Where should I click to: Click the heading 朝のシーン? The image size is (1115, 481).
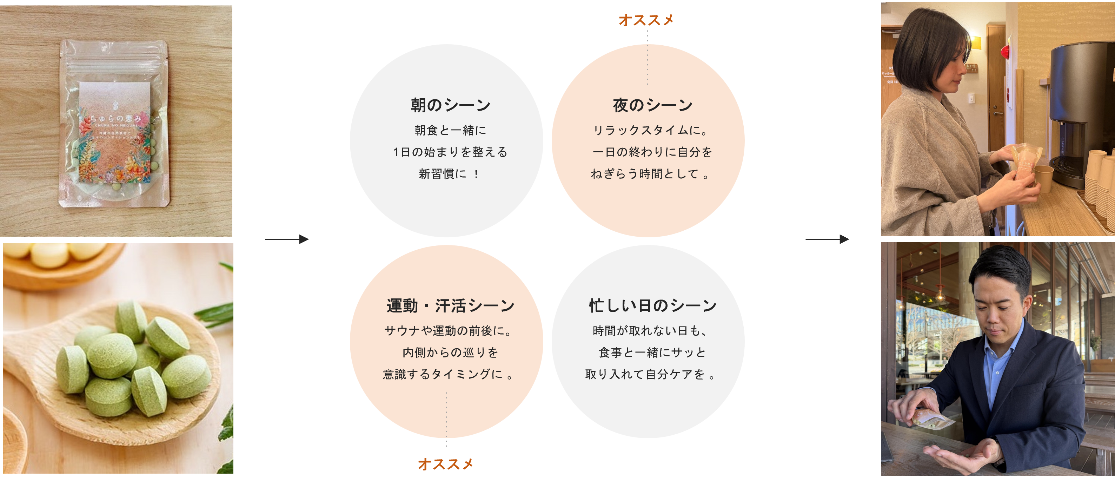[x=450, y=105]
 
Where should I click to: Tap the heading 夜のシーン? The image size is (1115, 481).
[x=652, y=105]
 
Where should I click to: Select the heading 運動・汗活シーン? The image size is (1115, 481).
[x=450, y=306]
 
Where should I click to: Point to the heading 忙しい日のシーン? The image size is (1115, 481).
[x=652, y=306]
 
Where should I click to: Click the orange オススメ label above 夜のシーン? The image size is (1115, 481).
[x=646, y=20]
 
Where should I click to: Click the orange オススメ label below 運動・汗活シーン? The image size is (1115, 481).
[x=445, y=464]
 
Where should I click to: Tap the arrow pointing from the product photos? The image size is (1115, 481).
[x=286, y=239]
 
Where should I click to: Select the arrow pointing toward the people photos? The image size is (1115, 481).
[x=827, y=239]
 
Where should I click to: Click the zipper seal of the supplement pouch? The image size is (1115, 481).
[x=113, y=67]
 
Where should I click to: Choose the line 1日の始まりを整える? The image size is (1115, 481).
[x=450, y=152]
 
